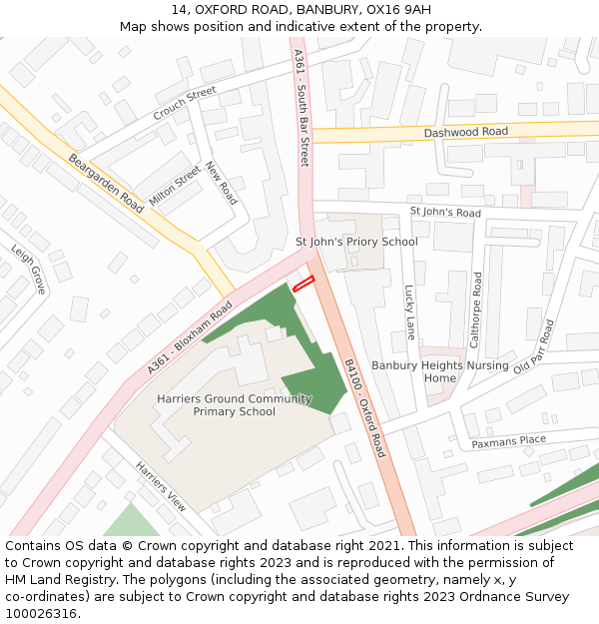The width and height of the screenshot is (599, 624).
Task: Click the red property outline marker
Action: click(303, 284)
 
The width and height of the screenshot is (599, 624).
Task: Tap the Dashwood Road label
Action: click(465, 132)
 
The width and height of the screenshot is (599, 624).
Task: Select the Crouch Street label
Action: click(185, 104)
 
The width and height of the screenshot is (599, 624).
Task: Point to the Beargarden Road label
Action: click(106, 181)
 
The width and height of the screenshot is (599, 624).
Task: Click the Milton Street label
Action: click(175, 186)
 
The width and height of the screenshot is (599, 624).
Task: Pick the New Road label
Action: click(222, 183)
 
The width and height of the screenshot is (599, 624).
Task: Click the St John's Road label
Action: click(445, 213)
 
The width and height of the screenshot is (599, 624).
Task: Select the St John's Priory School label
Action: click(356, 242)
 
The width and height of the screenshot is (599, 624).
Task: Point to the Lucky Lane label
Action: click(409, 312)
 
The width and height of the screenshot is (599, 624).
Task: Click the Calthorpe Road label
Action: click(476, 310)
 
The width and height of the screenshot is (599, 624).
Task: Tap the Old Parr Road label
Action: click(533, 345)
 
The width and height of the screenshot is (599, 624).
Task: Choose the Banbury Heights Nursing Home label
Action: click(440, 371)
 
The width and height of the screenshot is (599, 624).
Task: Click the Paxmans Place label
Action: click(509, 440)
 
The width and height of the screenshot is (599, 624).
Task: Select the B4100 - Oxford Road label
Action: click(364, 407)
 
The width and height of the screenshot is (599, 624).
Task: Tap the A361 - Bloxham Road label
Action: click(190, 337)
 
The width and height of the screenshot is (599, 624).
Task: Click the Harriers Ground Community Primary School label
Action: click(234, 405)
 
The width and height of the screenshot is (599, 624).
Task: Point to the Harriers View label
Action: click(161, 487)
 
